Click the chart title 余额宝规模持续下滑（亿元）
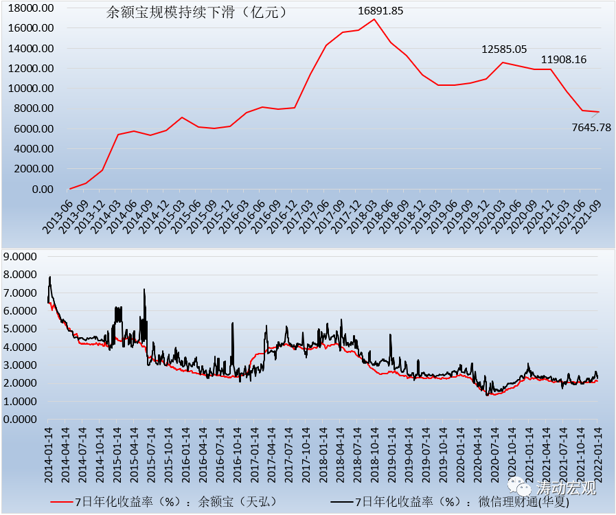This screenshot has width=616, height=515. point(198,12)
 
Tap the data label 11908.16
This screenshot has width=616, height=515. point(564,60)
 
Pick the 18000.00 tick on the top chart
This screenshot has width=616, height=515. point(30,8)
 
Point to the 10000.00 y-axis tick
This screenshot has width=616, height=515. point(30,89)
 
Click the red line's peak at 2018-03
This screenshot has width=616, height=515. point(374,19)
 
